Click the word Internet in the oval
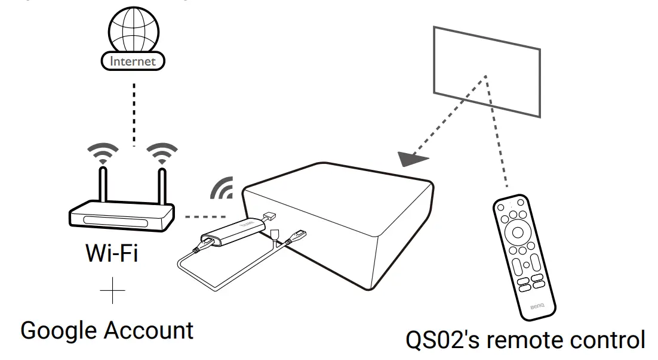[133, 61]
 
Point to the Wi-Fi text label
[112, 253]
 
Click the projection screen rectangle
[487, 72]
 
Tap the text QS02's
[443, 340]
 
